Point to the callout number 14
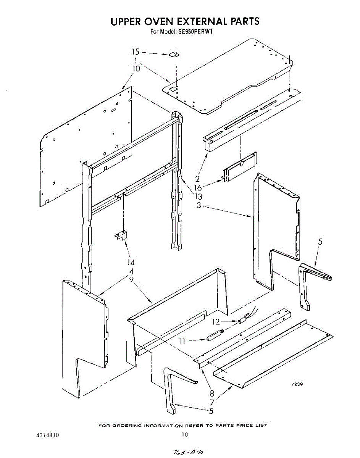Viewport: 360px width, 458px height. click(131, 263)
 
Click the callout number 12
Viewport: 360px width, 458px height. click(216, 322)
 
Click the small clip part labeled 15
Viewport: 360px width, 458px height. click(174, 55)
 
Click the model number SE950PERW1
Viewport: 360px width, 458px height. click(195, 32)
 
